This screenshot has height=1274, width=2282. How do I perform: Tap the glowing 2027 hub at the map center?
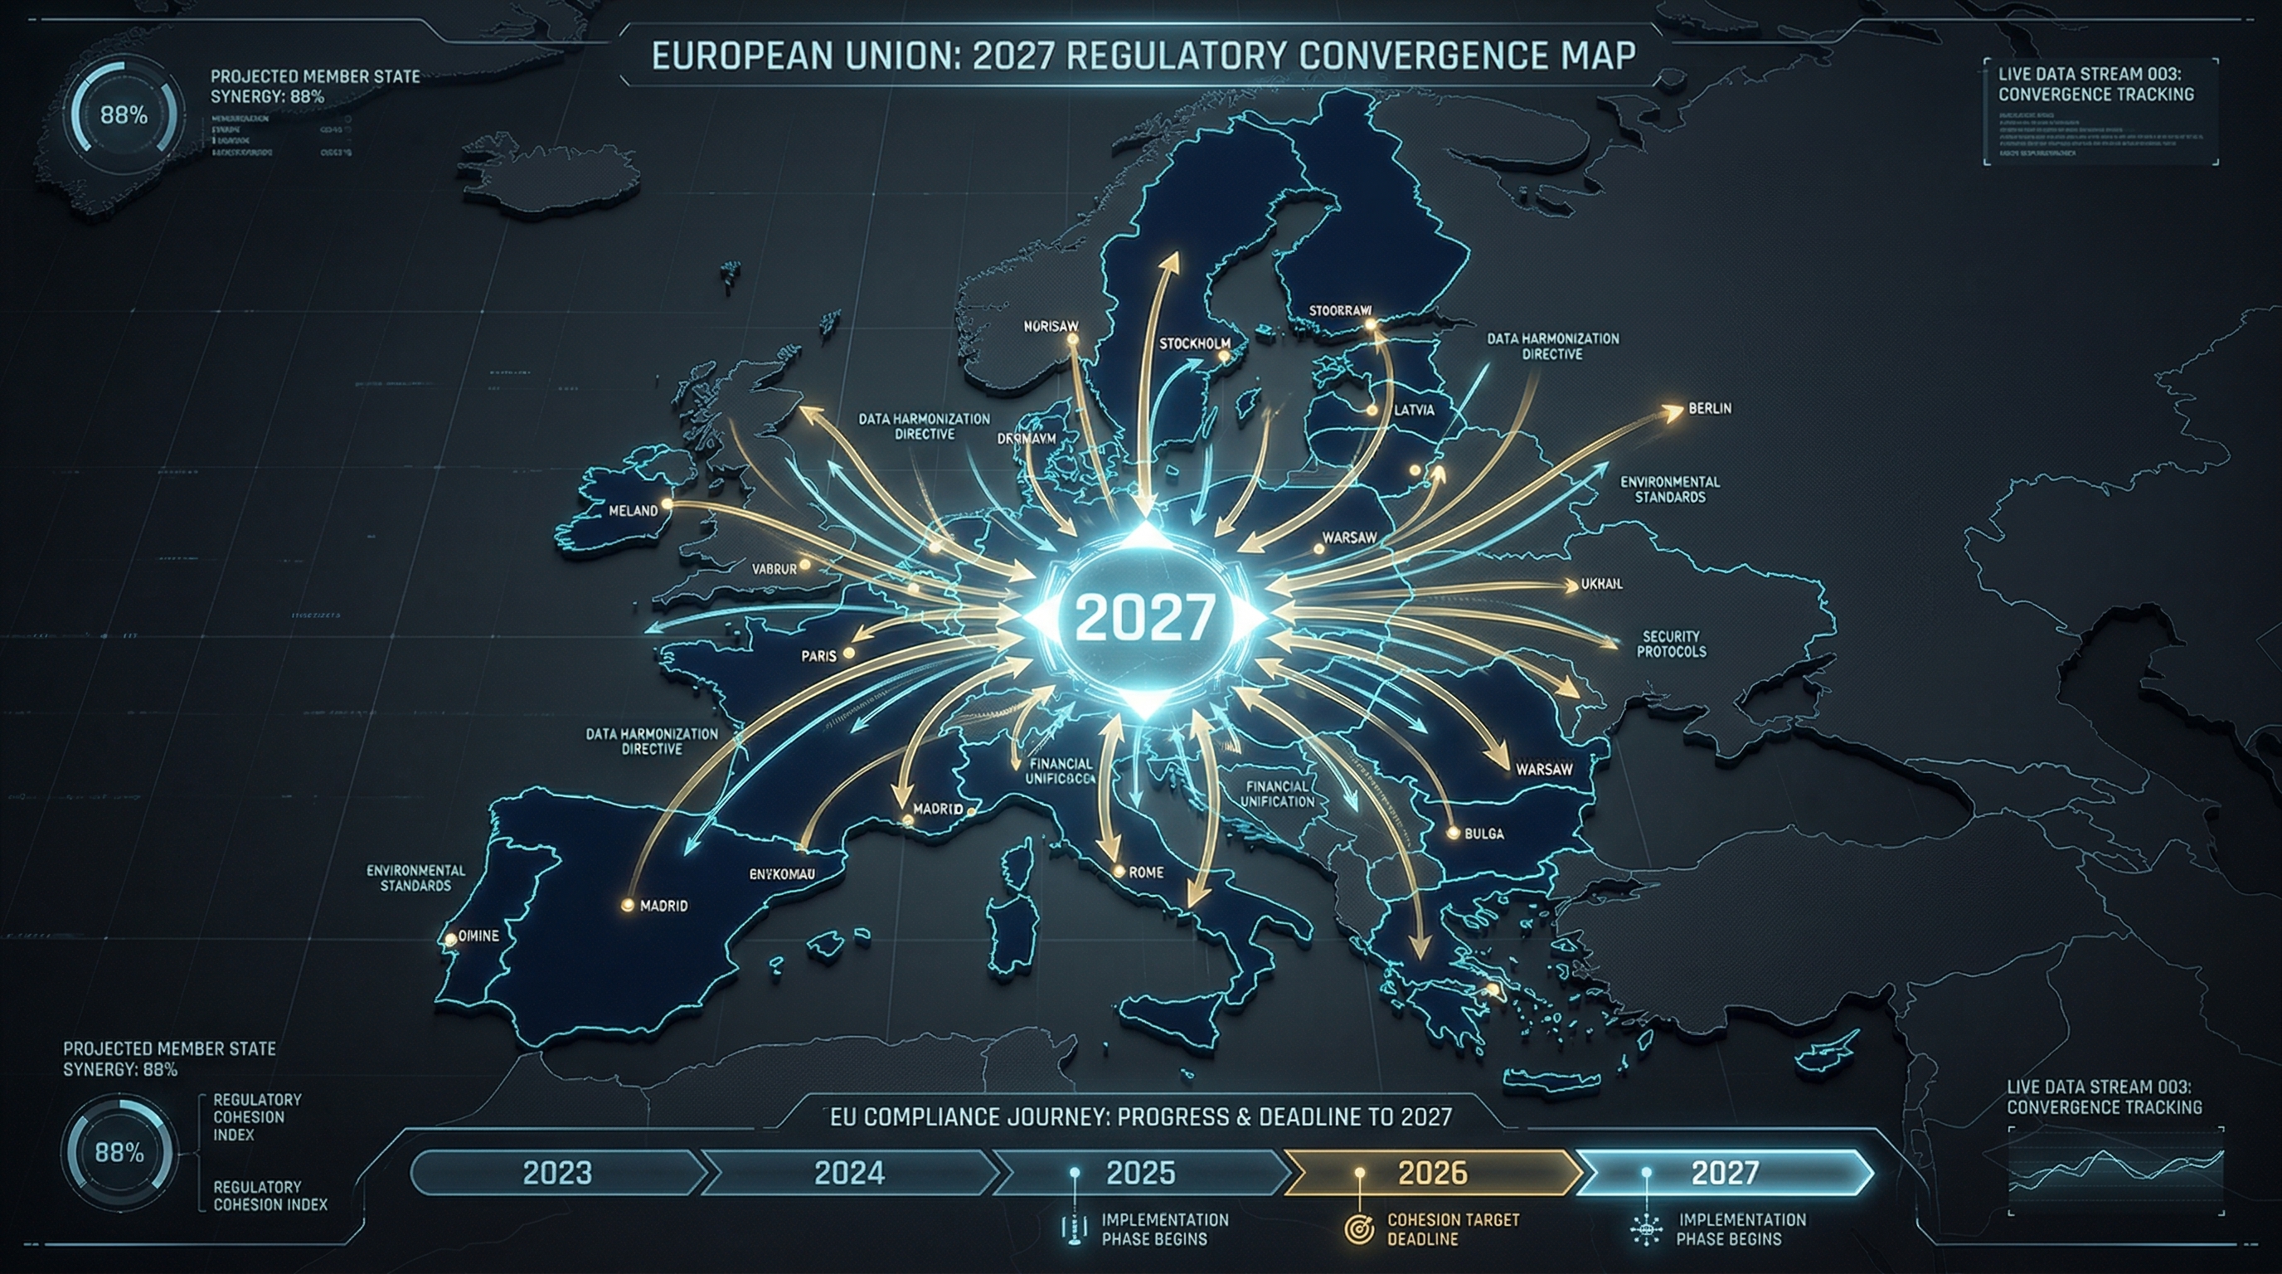[x=1145, y=618]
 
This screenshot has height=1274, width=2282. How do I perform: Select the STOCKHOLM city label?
[x=1194, y=343]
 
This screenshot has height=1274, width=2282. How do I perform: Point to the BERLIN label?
[x=1709, y=408]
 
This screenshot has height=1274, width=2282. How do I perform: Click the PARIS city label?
[x=818, y=656]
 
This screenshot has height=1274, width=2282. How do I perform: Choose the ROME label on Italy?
[x=1145, y=873]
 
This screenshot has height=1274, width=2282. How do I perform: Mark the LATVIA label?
[x=1414, y=411]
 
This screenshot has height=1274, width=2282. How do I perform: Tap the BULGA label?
[x=1483, y=834]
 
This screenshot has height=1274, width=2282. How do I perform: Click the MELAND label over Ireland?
[x=634, y=511]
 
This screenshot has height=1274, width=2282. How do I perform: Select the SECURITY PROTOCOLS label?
[x=1671, y=644]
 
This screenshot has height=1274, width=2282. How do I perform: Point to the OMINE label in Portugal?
[x=479, y=936]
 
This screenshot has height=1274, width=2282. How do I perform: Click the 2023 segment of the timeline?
[x=557, y=1173]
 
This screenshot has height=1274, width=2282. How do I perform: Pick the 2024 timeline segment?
[x=848, y=1173]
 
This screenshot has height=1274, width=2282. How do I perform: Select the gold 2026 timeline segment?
[x=1432, y=1173]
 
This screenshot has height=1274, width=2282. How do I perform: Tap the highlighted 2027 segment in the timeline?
[x=1724, y=1173]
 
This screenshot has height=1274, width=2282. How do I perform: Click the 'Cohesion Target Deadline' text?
[x=1453, y=1229]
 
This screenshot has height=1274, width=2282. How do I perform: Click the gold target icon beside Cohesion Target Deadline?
[x=1359, y=1229]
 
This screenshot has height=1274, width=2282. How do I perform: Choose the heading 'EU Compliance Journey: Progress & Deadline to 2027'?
[x=1141, y=1116]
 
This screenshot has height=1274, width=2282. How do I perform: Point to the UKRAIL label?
[x=1602, y=585]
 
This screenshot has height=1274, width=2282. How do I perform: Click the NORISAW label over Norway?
[x=1051, y=326]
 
